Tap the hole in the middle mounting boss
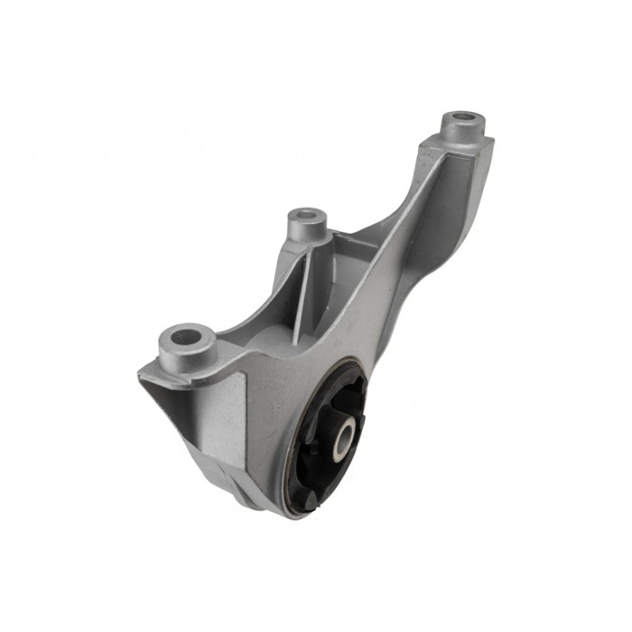(306, 216)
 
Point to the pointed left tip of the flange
(142, 373)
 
